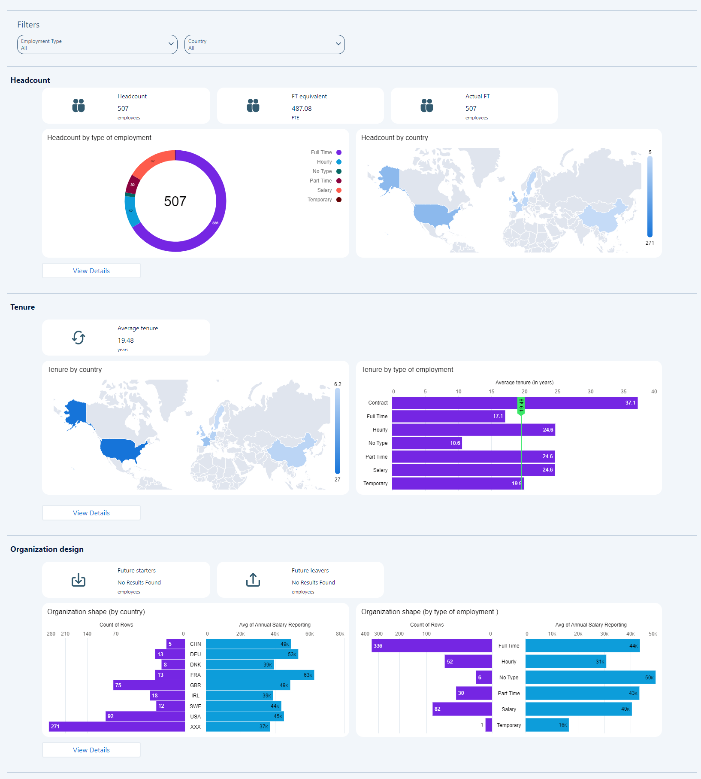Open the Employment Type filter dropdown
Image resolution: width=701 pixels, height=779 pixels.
coord(97,45)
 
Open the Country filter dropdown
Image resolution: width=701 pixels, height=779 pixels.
coord(264,45)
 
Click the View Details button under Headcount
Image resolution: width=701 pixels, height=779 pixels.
coord(91,271)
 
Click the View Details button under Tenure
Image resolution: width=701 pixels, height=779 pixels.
coord(91,513)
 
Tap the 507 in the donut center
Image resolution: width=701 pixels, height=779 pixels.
coord(175,201)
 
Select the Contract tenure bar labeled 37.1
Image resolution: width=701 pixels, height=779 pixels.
coord(514,403)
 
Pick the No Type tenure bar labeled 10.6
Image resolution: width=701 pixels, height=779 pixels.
coord(427,443)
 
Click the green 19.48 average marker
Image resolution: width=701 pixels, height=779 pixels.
coord(521,405)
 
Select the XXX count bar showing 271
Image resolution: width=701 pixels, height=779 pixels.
coord(117,727)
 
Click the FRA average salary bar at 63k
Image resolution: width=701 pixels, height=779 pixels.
coord(260,675)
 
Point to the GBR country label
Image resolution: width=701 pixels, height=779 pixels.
coord(196,685)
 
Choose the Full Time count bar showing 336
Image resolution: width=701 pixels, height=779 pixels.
coord(432,646)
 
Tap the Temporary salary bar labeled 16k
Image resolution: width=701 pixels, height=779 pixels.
coord(547,725)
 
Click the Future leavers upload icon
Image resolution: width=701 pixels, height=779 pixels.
coord(253,580)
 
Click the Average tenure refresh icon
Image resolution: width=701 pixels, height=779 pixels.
coord(79,338)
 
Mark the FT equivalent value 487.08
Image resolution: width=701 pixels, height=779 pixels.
coord(302,109)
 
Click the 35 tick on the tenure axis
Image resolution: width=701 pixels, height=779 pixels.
coord(623,392)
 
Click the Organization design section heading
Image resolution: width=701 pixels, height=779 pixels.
coord(47,549)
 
